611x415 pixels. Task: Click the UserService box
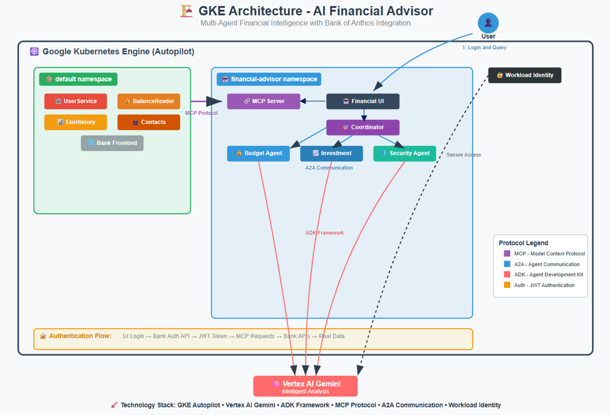76,101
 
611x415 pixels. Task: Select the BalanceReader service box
149,101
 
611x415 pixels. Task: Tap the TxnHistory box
76,122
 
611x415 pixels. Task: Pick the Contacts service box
149,122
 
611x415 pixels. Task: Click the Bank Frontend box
112,143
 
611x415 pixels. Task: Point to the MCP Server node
263,101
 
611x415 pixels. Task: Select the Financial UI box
363,101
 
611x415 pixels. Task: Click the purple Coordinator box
363,127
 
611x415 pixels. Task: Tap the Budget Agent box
258,153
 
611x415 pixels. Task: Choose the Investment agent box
331,153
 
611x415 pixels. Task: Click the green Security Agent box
404,153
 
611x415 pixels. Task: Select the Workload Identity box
525,75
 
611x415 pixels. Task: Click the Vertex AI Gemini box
305,386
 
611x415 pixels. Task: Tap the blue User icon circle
488,23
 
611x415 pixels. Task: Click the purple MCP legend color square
507,254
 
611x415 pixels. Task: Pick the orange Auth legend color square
507,285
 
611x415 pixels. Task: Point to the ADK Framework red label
325,233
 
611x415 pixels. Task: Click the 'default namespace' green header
78,79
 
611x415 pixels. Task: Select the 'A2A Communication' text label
329,167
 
